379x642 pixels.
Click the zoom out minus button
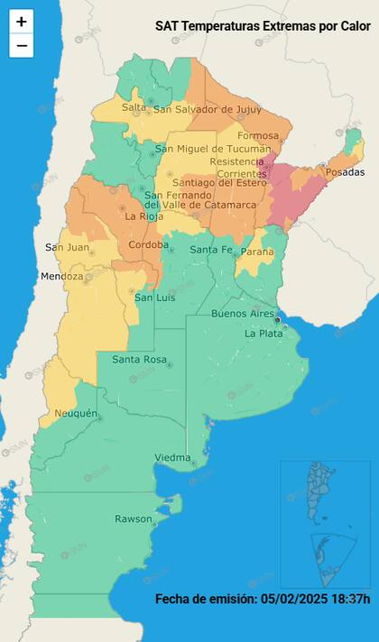click(22, 45)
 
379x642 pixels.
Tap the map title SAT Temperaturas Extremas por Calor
click(263, 27)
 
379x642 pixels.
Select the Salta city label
click(134, 107)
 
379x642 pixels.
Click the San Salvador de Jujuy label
click(207, 110)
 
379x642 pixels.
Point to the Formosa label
click(258, 136)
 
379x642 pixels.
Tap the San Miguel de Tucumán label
click(213, 149)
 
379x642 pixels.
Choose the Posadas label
click(346, 171)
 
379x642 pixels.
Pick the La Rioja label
click(143, 216)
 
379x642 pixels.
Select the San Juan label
click(67, 247)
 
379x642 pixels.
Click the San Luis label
click(154, 298)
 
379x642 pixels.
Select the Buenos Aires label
click(242, 314)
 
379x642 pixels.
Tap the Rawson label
click(133, 518)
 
